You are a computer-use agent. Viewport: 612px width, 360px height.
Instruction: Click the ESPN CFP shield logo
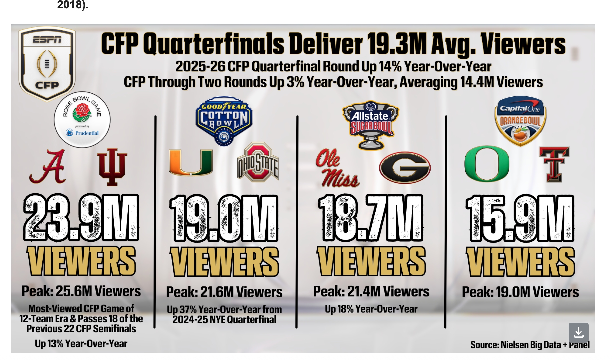click(x=47, y=63)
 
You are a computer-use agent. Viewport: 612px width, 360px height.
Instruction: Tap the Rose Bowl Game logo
click(x=82, y=119)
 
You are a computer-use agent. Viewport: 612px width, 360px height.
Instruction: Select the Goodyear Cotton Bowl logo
click(x=224, y=120)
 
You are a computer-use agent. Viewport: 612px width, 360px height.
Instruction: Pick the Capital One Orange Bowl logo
click(x=520, y=120)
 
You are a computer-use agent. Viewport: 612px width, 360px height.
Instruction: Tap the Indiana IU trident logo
click(x=112, y=167)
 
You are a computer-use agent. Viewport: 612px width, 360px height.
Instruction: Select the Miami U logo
click(x=191, y=163)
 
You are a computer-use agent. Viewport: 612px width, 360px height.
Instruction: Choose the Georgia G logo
click(x=405, y=167)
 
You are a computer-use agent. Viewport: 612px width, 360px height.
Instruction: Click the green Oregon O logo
click(x=487, y=164)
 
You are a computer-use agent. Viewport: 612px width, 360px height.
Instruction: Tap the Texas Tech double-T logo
click(x=554, y=164)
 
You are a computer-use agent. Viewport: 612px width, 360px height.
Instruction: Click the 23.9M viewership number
click(x=81, y=218)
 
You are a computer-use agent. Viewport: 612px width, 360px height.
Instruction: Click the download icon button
click(x=578, y=332)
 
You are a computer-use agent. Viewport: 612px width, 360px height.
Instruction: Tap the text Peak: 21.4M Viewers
click(x=371, y=292)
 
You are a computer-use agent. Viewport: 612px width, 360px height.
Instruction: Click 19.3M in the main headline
click(x=396, y=44)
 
